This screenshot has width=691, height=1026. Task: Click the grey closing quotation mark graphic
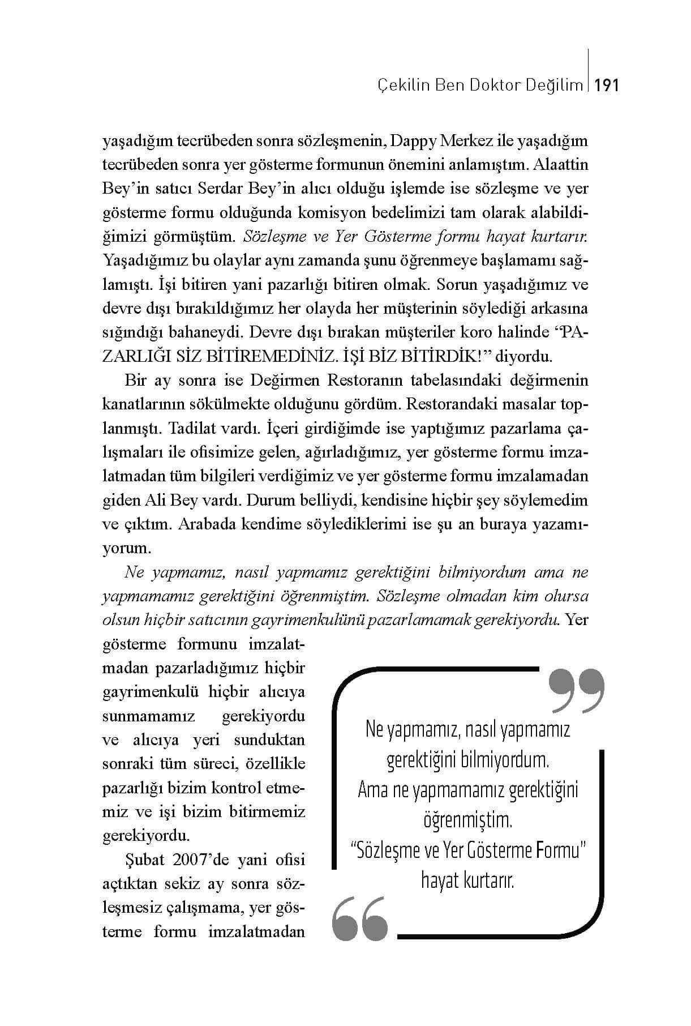point(576,691)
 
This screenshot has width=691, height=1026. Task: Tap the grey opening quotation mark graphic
point(360,918)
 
